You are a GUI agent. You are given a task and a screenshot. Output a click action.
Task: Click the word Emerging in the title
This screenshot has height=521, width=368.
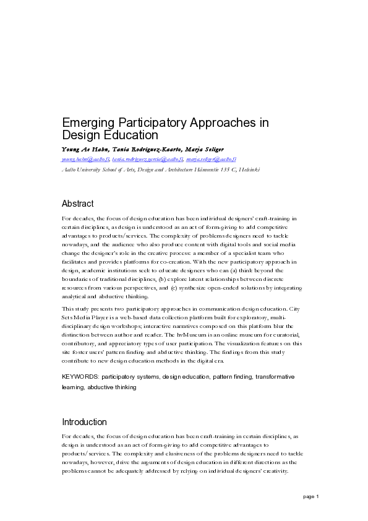pyautogui.click(x=85, y=123)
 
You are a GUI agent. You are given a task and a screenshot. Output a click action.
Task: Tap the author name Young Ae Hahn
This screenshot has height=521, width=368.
pyautogui.click(x=83, y=150)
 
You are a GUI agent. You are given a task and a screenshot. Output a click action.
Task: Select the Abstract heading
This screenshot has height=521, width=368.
pyautogui.click(x=78, y=203)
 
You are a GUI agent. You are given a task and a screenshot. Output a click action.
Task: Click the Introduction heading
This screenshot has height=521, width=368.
pyautogui.click(x=84, y=422)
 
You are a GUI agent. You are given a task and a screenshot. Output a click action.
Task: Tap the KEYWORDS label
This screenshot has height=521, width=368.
pyautogui.click(x=80, y=376)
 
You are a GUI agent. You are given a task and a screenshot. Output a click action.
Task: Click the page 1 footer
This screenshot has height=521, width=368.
pyautogui.click(x=310, y=497)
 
